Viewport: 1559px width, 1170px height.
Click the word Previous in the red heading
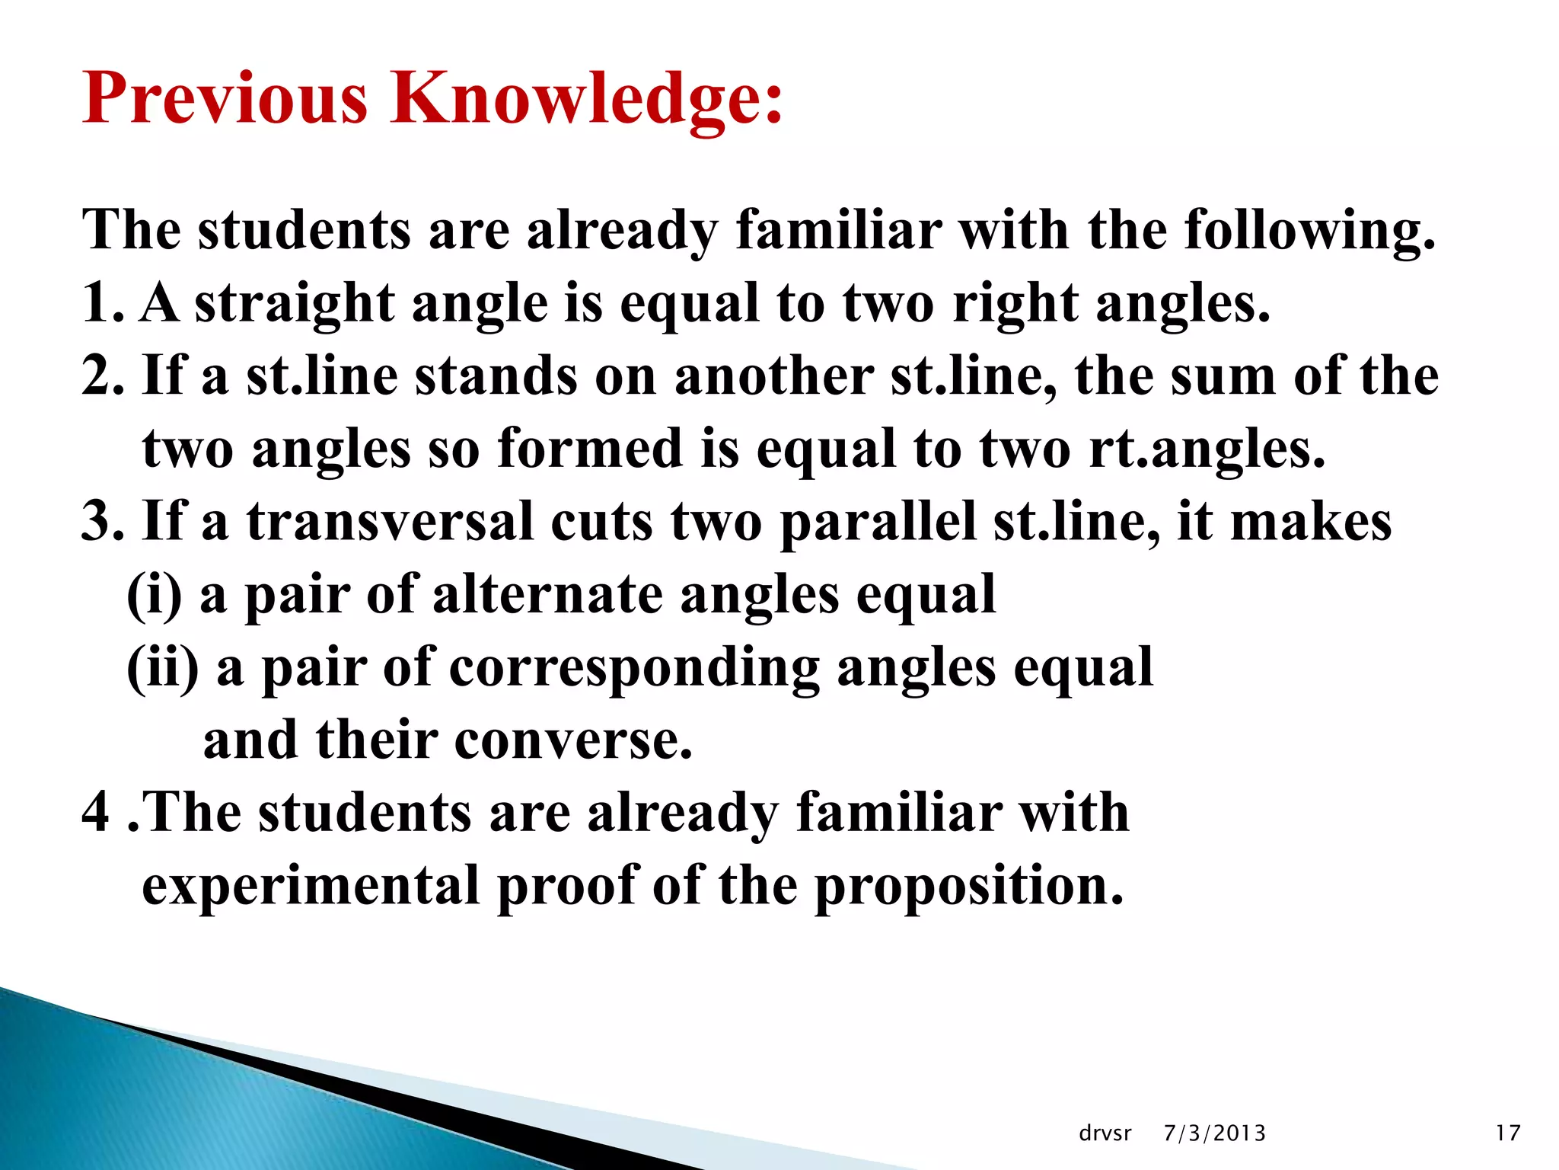tap(225, 98)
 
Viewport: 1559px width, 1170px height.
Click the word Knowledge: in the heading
tap(586, 98)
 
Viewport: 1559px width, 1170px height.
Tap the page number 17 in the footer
tap(1507, 1133)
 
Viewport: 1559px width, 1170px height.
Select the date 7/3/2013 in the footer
tap(1214, 1133)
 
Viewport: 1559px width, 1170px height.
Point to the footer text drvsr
tap(1105, 1133)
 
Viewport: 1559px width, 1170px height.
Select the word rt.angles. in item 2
tap(1207, 449)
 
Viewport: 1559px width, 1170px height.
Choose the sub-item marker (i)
tap(155, 595)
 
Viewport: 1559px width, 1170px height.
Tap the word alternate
tap(547, 595)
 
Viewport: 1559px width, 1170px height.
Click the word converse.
tap(574, 740)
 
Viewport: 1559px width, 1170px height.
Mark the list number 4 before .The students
tap(96, 812)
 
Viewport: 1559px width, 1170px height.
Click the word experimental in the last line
tap(311, 887)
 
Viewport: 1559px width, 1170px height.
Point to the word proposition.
tap(968, 887)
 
